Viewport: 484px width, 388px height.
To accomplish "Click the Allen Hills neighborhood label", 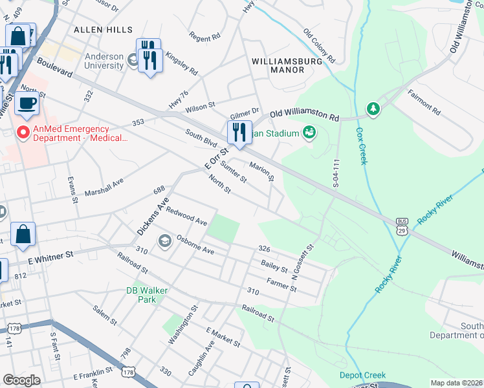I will point(103,30).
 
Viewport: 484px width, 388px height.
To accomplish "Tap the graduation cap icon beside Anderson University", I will point(133,61).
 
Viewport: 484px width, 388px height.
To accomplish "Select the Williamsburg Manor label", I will point(278,65).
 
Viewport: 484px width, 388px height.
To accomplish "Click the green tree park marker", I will point(373,109).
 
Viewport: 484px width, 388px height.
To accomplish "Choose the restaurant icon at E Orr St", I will point(239,132).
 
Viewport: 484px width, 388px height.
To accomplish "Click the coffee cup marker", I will point(27,103).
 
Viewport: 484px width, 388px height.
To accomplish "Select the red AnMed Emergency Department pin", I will point(23,133).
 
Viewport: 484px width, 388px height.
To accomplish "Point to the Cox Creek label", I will point(361,145).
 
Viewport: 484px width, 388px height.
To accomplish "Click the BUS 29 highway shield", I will point(402,226).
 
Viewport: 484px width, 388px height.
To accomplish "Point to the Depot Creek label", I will point(362,375).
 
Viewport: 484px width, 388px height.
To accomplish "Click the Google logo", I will point(21,380).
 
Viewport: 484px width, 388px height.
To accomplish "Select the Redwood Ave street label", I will point(186,217).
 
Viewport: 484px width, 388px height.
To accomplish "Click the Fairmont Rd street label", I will point(424,102).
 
